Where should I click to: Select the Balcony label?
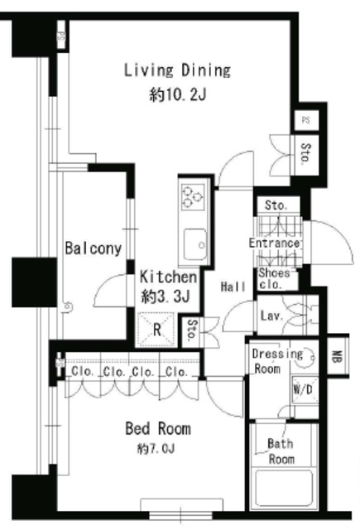(x=94, y=248)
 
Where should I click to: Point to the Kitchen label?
(x=168, y=277)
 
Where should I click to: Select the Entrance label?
(x=274, y=243)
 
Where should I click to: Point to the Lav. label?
(x=273, y=316)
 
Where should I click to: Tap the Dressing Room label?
(x=276, y=361)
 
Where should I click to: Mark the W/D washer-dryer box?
(x=304, y=390)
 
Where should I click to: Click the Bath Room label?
(x=281, y=451)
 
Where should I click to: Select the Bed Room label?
(x=157, y=429)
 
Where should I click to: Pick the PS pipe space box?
(x=305, y=120)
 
